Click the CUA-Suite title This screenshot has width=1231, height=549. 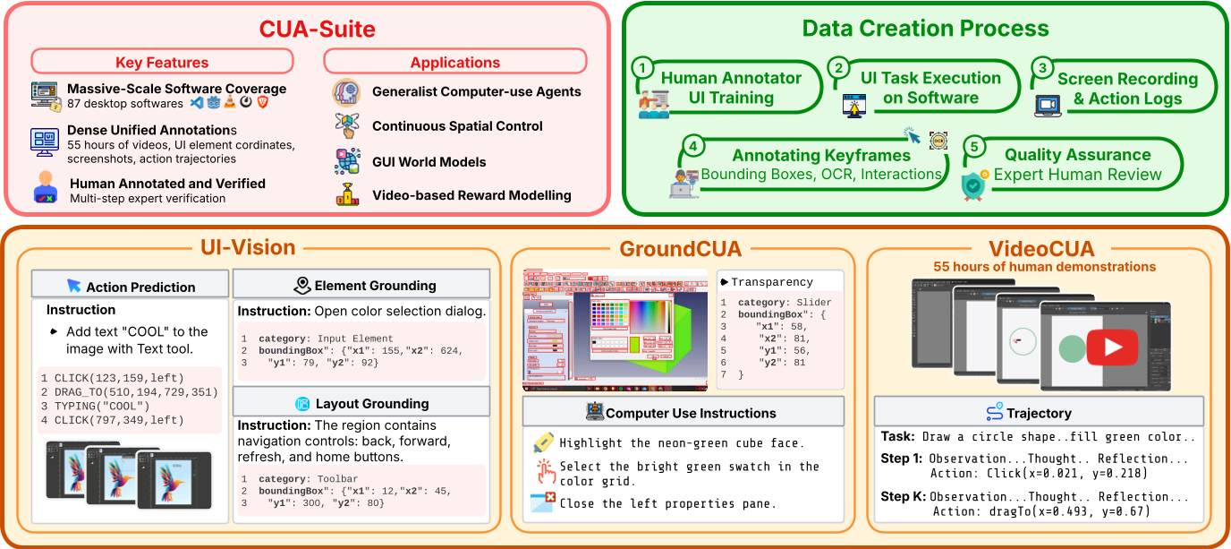[318, 29]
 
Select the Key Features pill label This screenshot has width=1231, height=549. [162, 62]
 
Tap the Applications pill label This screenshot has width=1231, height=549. [454, 62]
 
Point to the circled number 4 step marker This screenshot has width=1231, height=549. [691, 145]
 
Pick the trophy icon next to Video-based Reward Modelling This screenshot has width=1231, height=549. [347, 194]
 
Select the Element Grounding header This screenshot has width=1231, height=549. [375, 286]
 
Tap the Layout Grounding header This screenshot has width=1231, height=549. [371, 403]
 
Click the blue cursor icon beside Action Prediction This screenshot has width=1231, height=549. [74, 287]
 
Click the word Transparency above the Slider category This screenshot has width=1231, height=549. [771, 281]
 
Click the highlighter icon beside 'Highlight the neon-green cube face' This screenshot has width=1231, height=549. [543, 443]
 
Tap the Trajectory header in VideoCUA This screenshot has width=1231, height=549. [1038, 413]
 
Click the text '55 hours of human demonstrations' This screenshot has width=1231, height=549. [1044, 266]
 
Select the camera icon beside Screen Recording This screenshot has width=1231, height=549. [1045, 105]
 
